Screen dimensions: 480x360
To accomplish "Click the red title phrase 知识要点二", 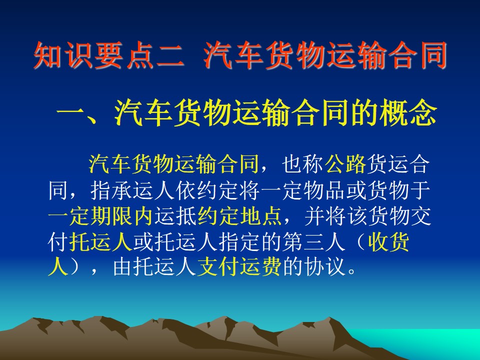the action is [x=109, y=55].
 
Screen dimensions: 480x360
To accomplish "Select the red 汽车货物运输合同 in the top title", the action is [x=325, y=55].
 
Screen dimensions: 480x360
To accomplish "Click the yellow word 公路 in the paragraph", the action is [x=345, y=164].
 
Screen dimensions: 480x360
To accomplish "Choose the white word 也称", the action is [x=302, y=164].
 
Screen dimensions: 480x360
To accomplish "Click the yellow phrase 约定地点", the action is [x=239, y=216].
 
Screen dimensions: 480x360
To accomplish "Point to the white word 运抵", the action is [x=175, y=216].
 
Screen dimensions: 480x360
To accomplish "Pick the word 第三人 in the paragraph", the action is [x=313, y=242].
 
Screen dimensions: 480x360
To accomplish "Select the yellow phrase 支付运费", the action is [x=239, y=267].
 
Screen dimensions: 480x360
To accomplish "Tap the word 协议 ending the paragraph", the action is [x=324, y=267].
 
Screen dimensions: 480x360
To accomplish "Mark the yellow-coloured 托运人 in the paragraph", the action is [x=100, y=242].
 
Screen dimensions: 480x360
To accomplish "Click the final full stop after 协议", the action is [x=351, y=271].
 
